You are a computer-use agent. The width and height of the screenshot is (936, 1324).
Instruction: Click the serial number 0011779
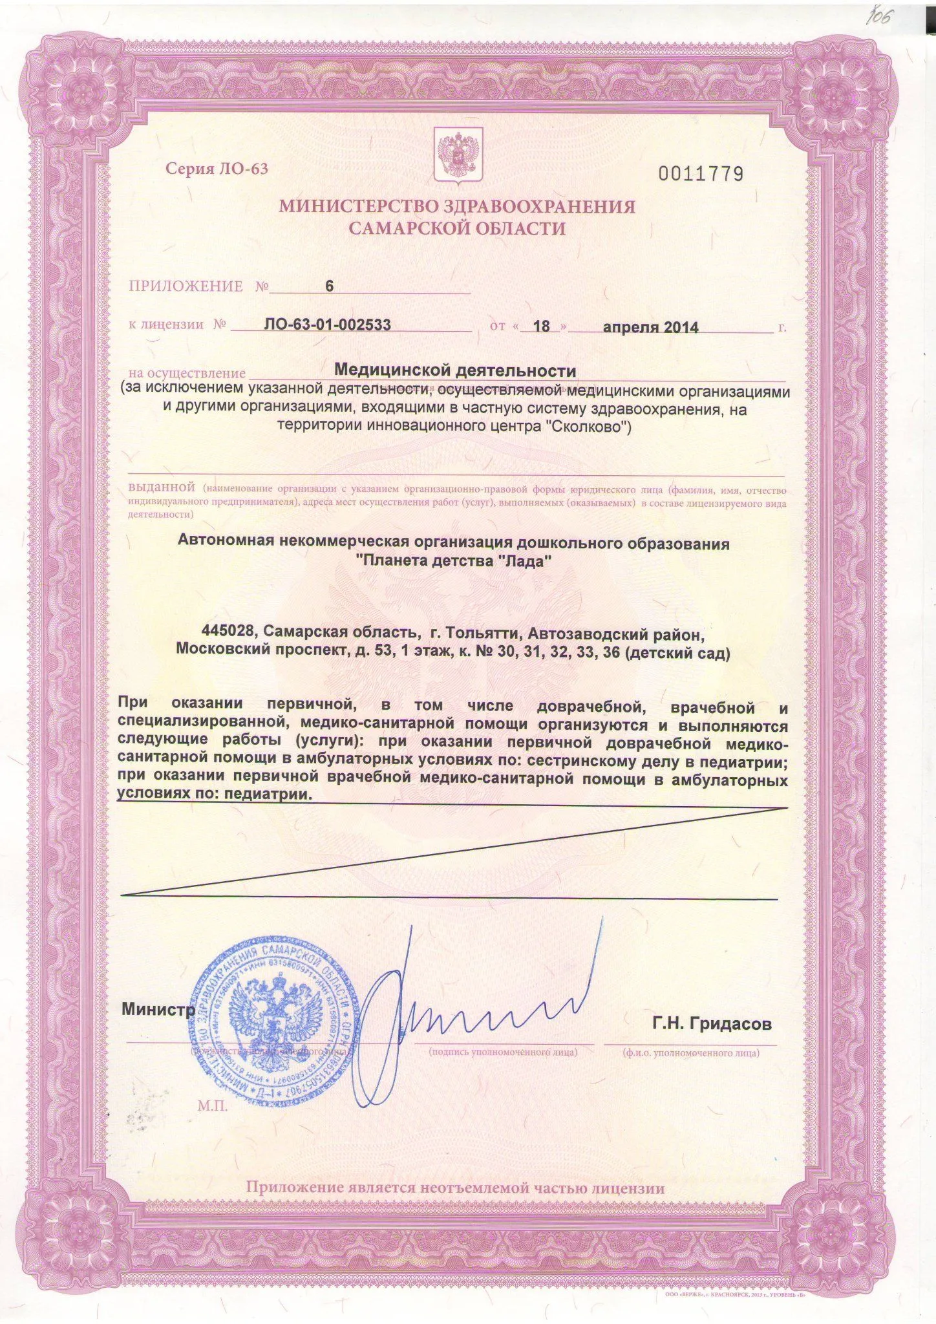tap(701, 174)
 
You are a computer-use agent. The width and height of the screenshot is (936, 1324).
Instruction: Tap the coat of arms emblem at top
tap(457, 153)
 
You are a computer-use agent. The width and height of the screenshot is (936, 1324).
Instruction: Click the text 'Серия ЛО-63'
tap(217, 169)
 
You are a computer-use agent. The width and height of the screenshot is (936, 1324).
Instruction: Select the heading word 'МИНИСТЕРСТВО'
tap(352, 207)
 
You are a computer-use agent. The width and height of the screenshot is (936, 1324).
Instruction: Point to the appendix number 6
tap(329, 286)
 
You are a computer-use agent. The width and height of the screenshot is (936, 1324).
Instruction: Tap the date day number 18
tap(541, 326)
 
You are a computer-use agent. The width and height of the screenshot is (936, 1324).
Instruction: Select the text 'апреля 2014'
tap(650, 327)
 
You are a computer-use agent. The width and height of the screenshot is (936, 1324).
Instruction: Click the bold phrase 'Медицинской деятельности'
tap(454, 370)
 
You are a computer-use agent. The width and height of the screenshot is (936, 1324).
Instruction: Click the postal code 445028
tap(229, 630)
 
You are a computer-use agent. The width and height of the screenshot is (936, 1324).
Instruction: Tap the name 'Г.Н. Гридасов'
tap(712, 1024)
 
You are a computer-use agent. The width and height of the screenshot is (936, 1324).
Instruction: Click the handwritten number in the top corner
tap(879, 18)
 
